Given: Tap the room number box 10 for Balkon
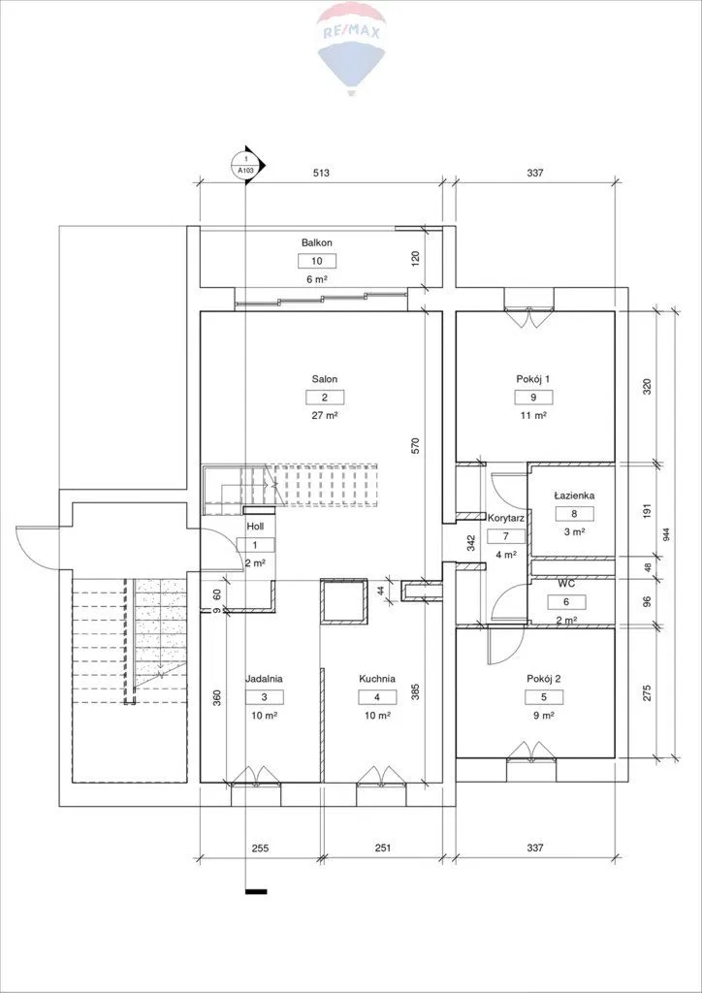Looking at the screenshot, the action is (316, 260).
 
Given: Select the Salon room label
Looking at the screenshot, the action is (324, 379).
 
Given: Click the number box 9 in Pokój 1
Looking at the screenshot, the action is (533, 397).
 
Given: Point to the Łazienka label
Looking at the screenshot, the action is (574, 496).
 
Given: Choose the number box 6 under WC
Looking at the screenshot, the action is (567, 602).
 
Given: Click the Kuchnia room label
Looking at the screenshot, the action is (377, 679).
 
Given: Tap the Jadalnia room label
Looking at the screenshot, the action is (264, 679).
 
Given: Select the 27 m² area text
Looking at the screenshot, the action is (325, 415).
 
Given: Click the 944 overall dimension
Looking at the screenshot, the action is (666, 534).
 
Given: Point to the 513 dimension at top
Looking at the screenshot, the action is (322, 173).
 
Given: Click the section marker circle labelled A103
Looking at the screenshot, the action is (247, 166).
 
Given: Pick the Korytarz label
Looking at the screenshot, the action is (505, 517).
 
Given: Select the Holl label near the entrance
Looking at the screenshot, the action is (256, 526).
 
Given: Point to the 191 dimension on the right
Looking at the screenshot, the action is (647, 511).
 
